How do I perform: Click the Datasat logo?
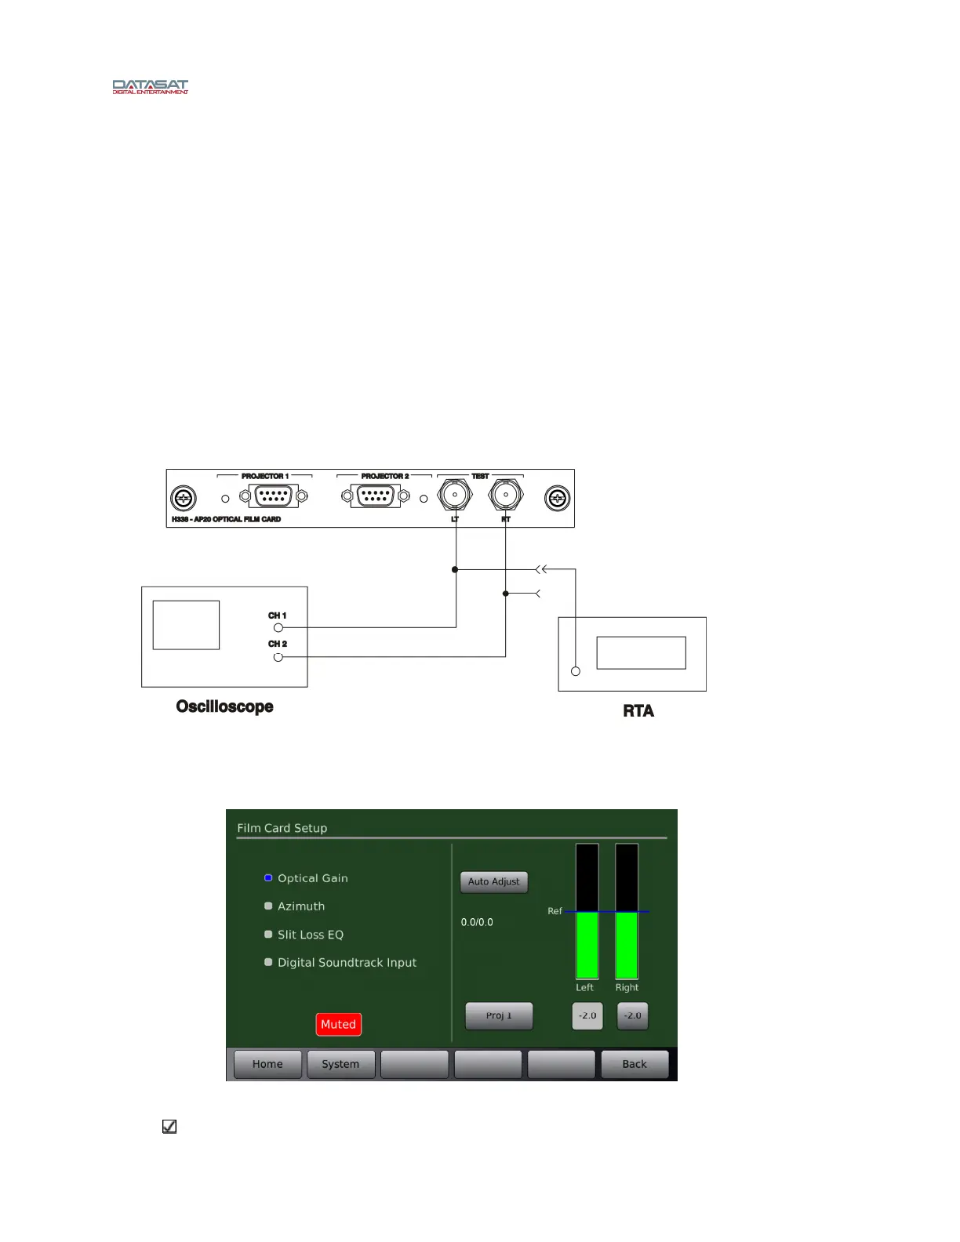pyautogui.click(x=150, y=86)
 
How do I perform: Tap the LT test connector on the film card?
pyautogui.click(x=455, y=495)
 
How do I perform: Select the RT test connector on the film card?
pyautogui.click(x=506, y=495)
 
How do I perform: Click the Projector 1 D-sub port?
pyautogui.click(x=273, y=496)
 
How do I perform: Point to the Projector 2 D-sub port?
pyautogui.click(x=376, y=496)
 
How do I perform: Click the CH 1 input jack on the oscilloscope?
pyautogui.click(x=278, y=627)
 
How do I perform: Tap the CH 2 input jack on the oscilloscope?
pyautogui.click(x=278, y=657)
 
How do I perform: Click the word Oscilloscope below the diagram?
pyautogui.click(x=224, y=706)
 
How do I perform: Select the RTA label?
pyautogui.click(x=638, y=711)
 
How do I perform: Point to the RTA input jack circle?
pyautogui.click(x=576, y=671)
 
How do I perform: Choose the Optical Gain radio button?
pyautogui.click(x=268, y=878)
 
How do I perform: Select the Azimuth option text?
pyautogui.click(x=301, y=906)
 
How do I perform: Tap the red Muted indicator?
pyautogui.click(x=339, y=1024)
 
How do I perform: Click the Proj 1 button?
pyautogui.click(x=499, y=1015)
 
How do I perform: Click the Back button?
pyautogui.click(x=635, y=1064)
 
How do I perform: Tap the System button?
pyautogui.click(x=340, y=1064)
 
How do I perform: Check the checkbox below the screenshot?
pyautogui.click(x=169, y=1127)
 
